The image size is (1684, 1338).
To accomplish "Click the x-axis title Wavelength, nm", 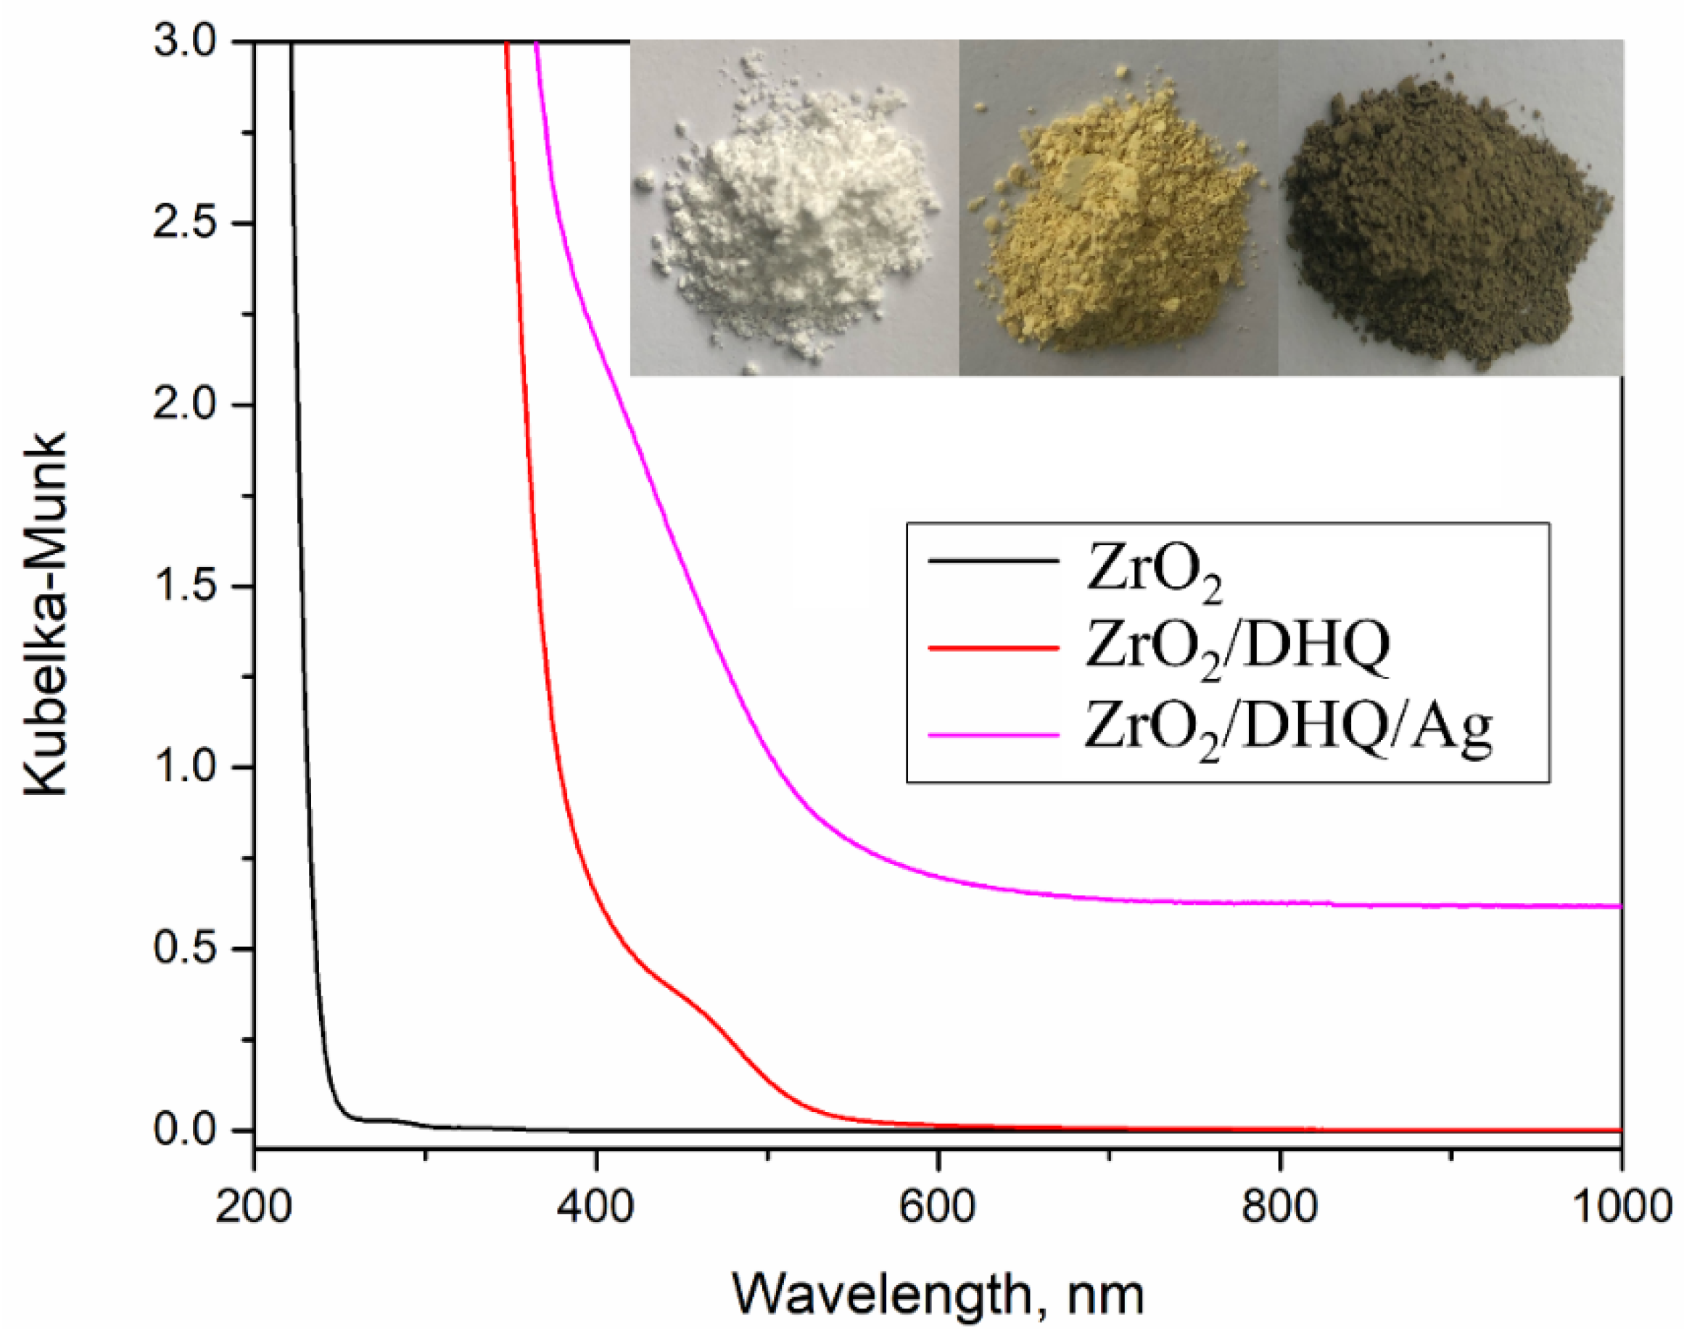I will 938,1294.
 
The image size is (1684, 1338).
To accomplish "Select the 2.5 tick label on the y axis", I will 184,223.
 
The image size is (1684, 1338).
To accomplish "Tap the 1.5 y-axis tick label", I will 184,586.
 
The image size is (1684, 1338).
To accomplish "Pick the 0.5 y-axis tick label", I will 184,950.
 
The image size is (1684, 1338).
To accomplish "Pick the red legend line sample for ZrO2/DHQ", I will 994,647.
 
